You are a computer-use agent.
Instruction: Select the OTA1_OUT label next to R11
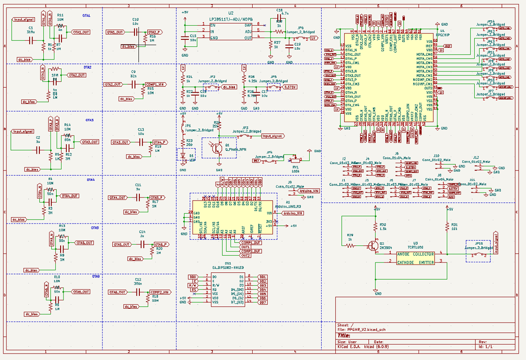81,33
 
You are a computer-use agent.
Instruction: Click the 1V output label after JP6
314,38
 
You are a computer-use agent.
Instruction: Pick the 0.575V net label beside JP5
291,87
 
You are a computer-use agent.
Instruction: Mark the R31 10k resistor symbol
448,227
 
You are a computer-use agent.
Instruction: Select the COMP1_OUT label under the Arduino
251,243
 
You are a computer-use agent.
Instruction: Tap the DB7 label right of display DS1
263,302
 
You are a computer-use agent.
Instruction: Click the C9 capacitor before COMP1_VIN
133,84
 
